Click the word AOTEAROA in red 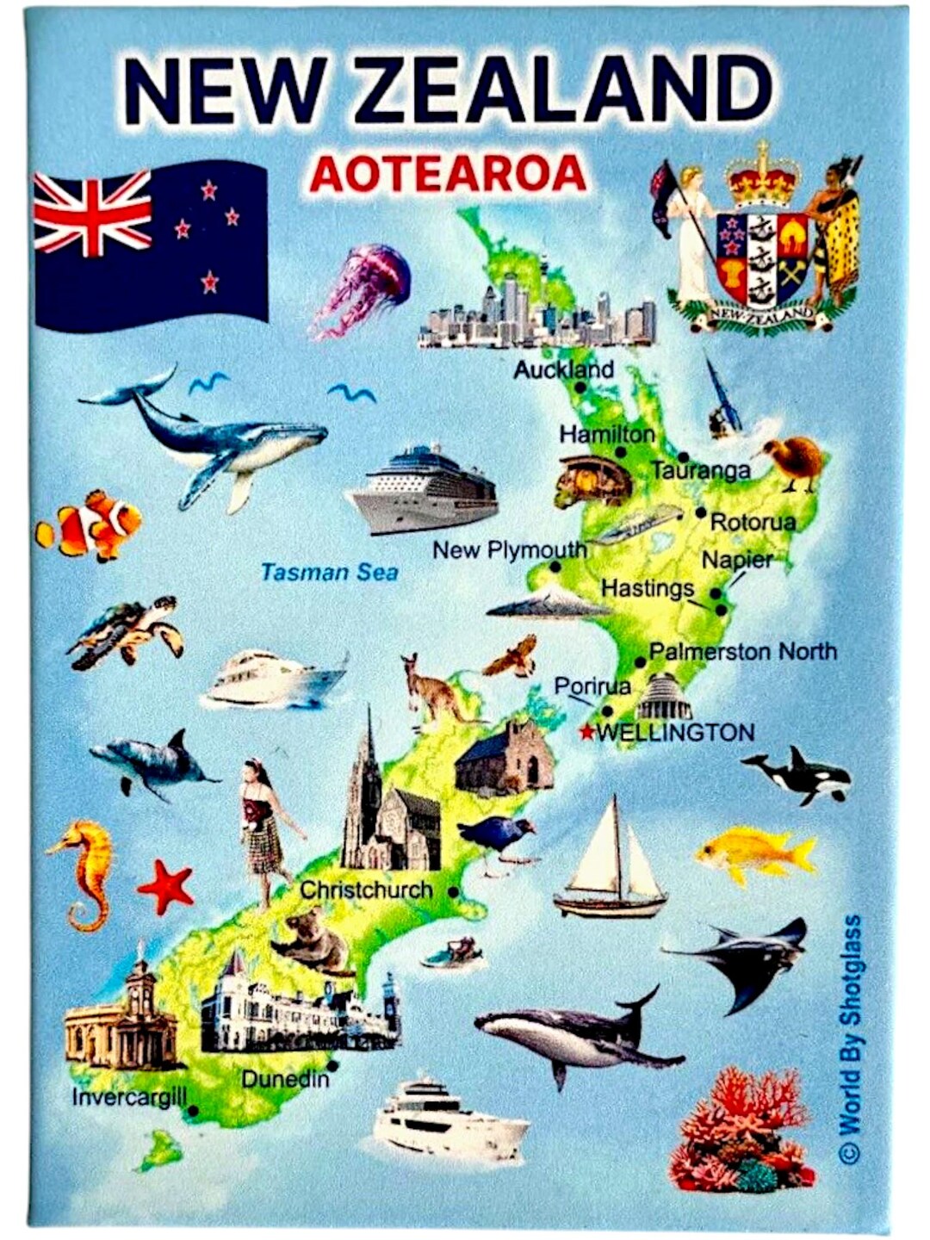448,174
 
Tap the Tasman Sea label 329,572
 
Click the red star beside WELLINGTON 586,733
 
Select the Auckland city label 563,369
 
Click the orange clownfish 90,524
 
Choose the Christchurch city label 366,890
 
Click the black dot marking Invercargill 193,1111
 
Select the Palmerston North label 742,651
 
